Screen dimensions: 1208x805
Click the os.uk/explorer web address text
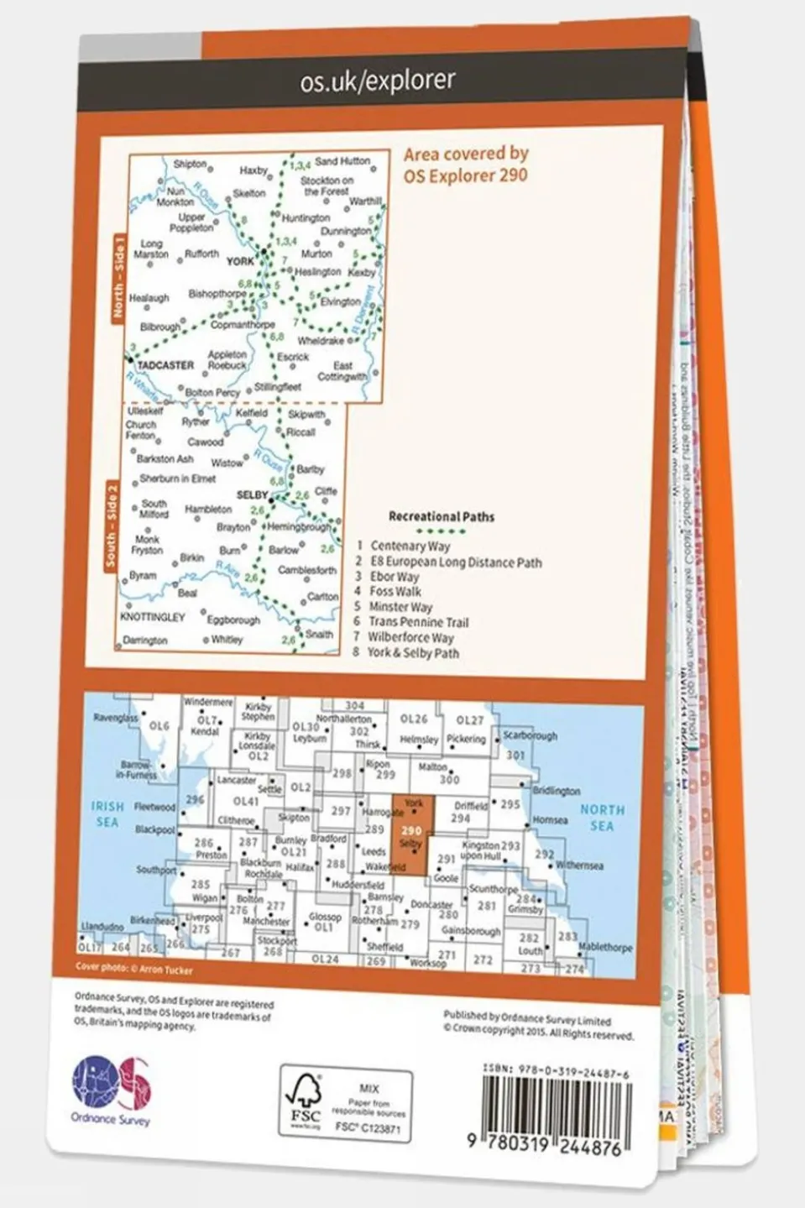click(377, 81)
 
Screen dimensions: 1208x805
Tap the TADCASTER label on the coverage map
click(165, 365)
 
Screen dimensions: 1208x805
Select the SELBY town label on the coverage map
click(252, 495)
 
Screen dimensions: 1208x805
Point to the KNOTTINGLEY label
click(152, 617)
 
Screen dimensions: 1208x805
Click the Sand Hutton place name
click(342, 160)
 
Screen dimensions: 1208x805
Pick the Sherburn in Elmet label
click(177, 478)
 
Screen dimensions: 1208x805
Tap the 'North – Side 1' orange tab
click(119, 277)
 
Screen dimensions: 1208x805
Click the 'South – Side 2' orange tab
click(112, 525)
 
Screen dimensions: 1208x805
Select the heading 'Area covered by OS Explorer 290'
click(466, 165)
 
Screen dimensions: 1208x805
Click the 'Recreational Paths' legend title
click(441, 517)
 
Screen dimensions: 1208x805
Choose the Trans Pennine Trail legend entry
click(418, 622)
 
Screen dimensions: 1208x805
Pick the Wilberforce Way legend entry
click(410, 637)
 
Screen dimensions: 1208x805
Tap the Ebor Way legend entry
click(394, 577)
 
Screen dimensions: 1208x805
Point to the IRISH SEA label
click(107, 813)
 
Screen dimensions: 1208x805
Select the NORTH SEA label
click(602, 818)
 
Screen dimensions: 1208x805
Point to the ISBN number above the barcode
click(556, 1071)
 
